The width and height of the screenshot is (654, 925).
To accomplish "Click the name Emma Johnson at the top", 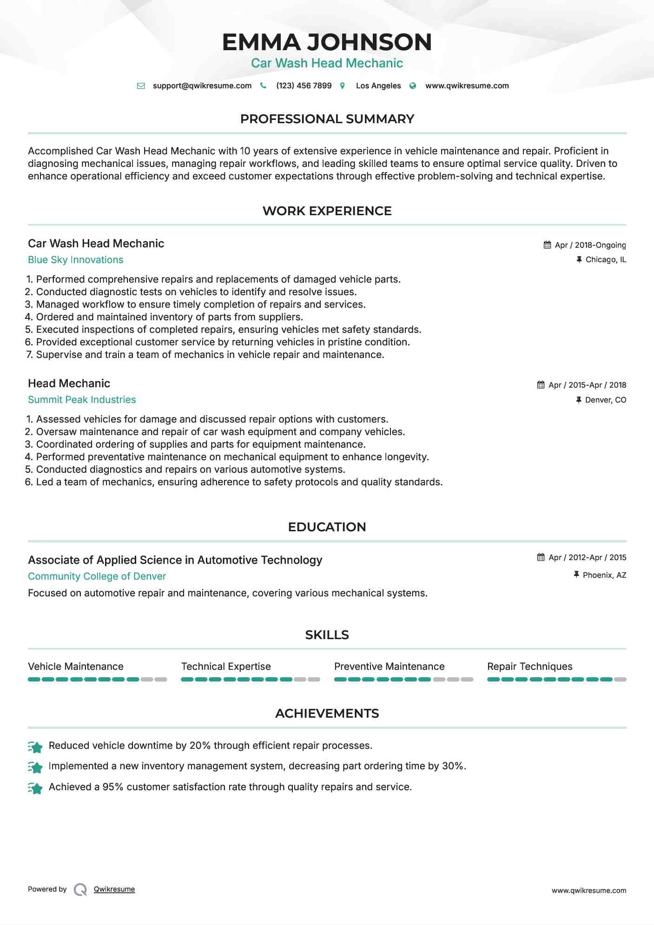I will [x=327, y=42].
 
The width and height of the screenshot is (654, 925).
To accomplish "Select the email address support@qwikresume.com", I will [x=202, y=86].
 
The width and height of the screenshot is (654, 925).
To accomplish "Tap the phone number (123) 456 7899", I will [x=304, y=86].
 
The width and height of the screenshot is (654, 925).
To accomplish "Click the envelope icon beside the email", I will [x=141, y=86].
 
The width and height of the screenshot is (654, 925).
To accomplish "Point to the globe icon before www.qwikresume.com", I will [x=413, y=86].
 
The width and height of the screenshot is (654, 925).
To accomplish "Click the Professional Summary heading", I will [x=327, y=119].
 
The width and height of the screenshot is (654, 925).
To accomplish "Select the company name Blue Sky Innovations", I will [x=75, y=260].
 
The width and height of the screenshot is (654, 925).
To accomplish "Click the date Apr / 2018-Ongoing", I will [x=590, y=245].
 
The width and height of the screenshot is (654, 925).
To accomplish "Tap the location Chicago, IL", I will [x=606, y=259].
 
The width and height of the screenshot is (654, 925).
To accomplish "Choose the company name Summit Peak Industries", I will [x=82, y=400].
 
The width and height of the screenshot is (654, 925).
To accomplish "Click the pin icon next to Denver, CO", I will [x=579, y=400].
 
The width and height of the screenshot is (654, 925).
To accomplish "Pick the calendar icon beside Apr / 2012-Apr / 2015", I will [x=541, y=557].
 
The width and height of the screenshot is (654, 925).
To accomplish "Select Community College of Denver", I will [x=97, y=576].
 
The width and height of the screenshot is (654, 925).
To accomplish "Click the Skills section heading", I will [x=327, y=635].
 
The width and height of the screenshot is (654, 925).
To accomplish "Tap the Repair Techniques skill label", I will [x=529, y=667].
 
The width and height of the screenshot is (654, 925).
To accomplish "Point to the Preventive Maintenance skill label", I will [x=389, y=667].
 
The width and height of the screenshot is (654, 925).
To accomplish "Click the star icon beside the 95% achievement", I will [x=35, y=788].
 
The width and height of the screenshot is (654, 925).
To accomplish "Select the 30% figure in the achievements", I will [x=453, y=766].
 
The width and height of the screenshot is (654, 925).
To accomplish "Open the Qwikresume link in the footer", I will [x=114, y=889].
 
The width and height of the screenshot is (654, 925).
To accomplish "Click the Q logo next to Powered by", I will [x=80, y=890].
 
